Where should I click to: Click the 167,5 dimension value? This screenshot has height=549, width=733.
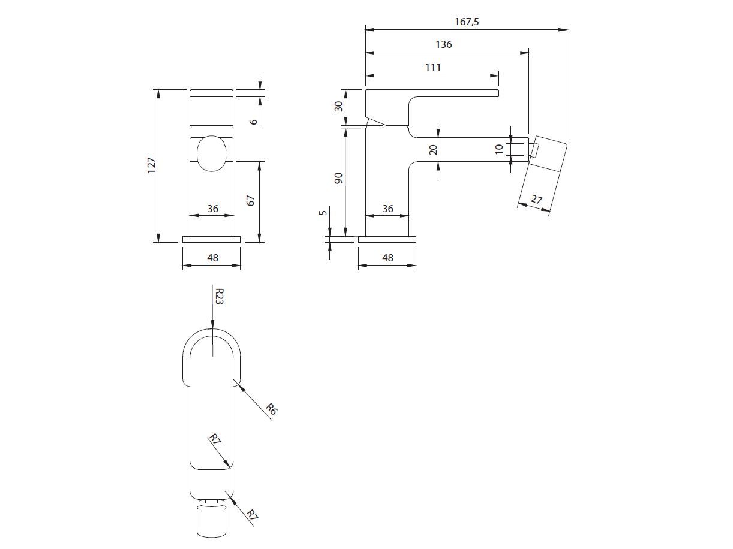pos(467,22)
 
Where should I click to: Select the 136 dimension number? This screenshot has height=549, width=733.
pos(444,44)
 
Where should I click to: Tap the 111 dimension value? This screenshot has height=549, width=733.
pos(433,67)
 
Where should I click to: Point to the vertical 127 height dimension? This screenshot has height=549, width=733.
pos(151,165)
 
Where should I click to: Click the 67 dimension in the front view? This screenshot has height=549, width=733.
pos(251,200)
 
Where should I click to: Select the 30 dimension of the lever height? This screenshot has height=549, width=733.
pos(339,106)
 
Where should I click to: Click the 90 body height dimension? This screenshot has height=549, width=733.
pos(339,179)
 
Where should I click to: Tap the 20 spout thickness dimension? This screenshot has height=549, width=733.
pos(433,149)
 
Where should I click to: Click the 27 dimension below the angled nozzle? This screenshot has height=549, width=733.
pos(536,198)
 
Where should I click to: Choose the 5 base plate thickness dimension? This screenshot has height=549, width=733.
pos(324,213)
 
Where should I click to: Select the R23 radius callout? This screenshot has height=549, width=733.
pos(219,296)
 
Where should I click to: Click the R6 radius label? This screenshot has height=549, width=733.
pos(271,410)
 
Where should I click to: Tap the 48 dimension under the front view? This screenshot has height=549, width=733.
pos(212,258)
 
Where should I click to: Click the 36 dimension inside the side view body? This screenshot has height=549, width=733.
pos(387,209)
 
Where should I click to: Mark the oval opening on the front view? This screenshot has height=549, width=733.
pos(212,153)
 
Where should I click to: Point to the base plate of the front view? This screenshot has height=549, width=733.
pos(211,239)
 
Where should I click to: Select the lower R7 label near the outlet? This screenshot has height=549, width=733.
pos(253,514)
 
